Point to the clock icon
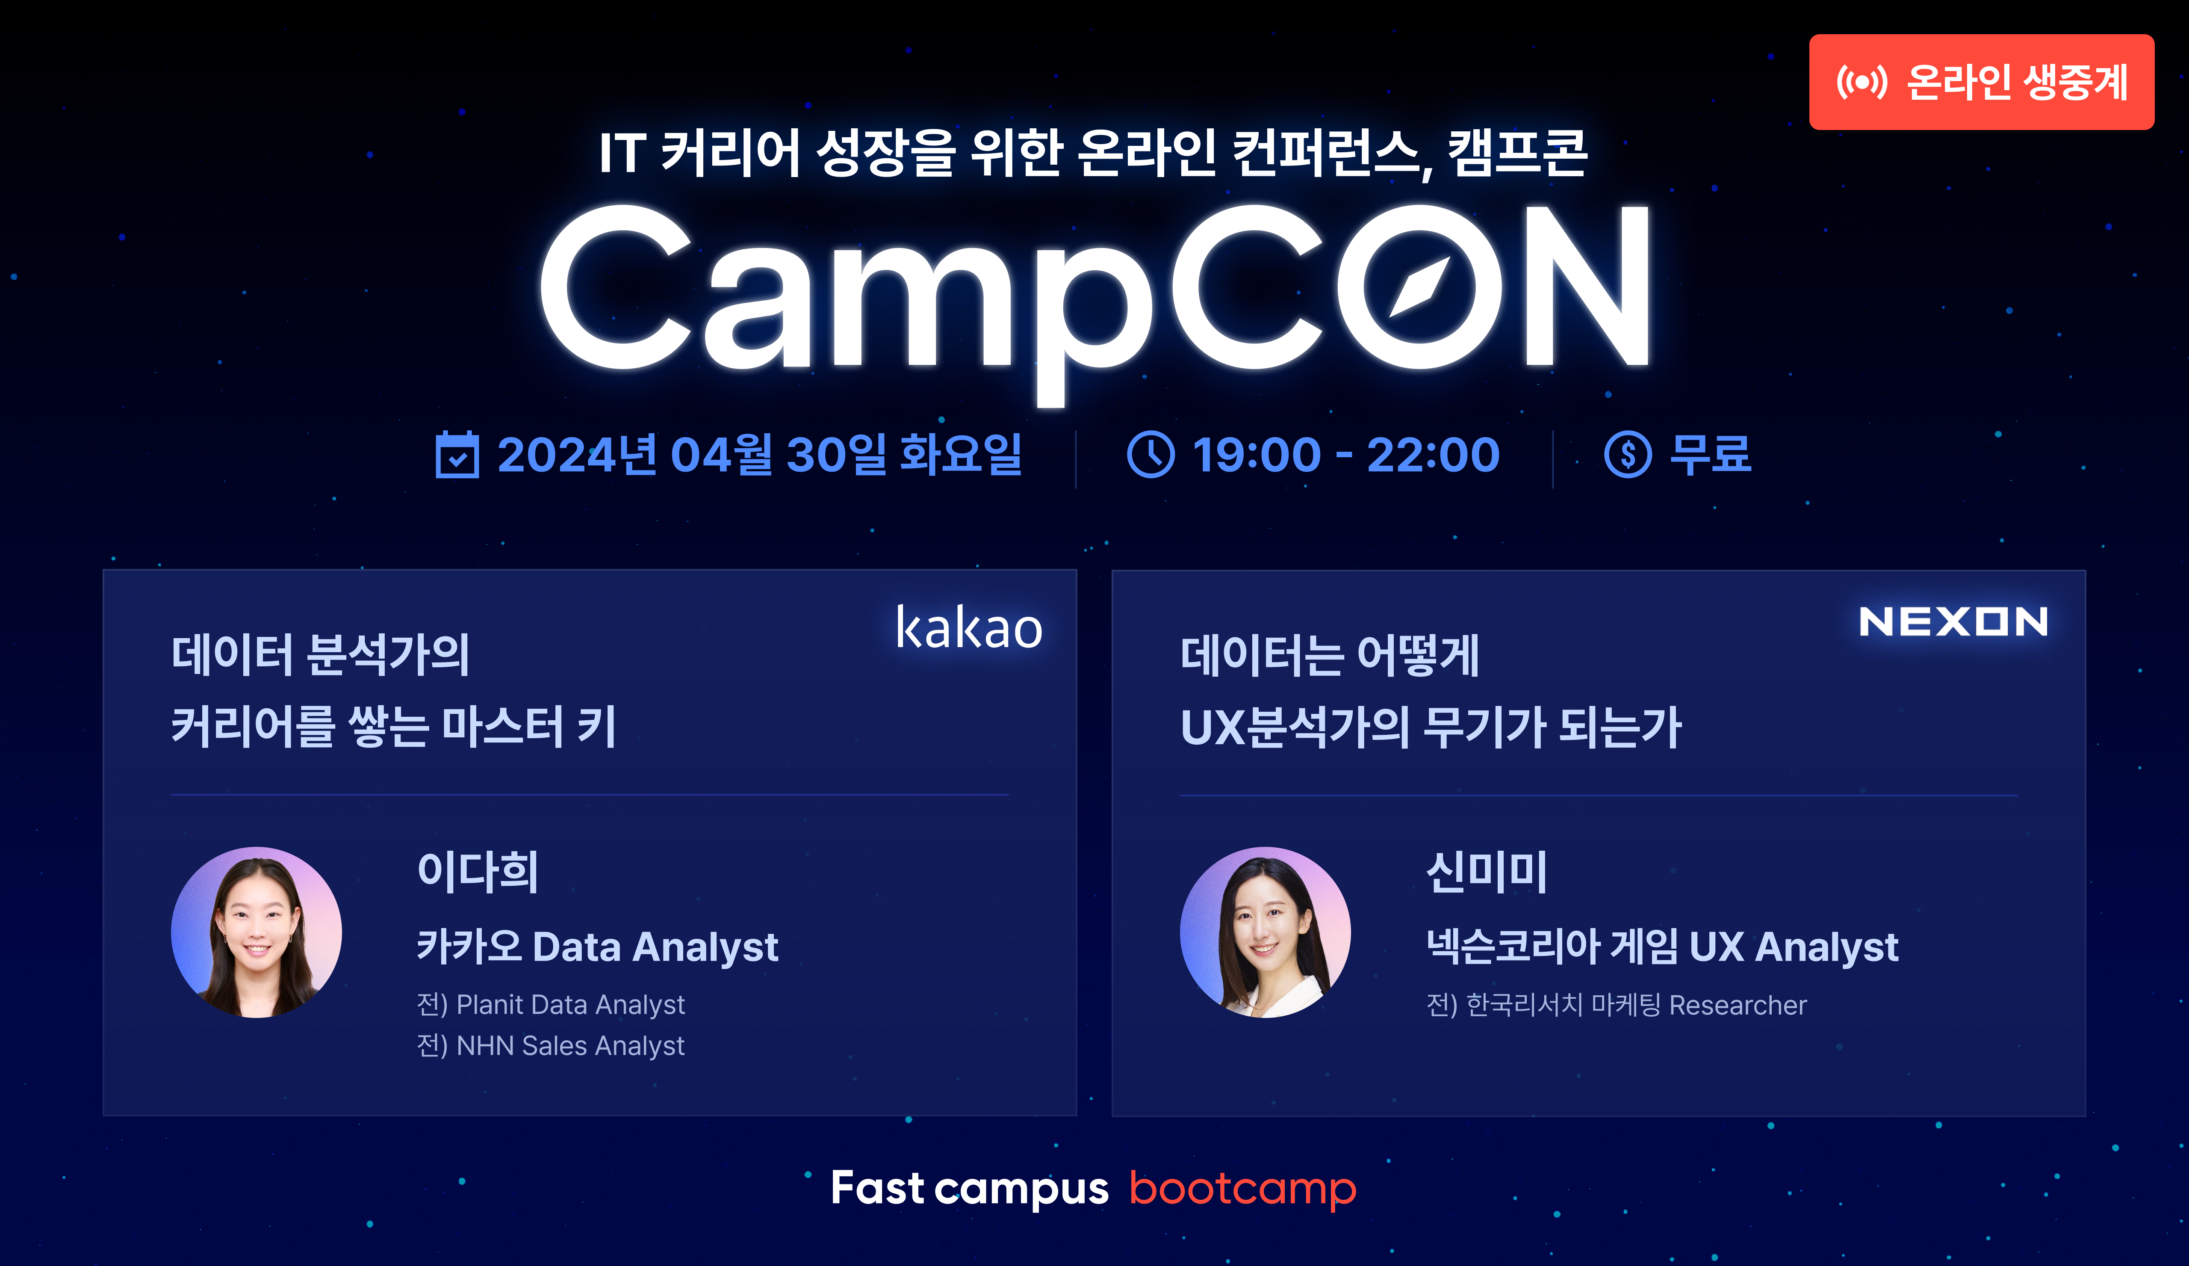click(x=1151, y=455)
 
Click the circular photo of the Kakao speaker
click(x=256, y=932)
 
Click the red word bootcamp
click(x=1242, y=1189)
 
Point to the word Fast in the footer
click(x=877, y=1188)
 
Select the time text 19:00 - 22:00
click(x=1345, y=455)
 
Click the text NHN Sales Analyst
click(x=571, y=1045)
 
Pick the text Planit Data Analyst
click(x=571, y=1004)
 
